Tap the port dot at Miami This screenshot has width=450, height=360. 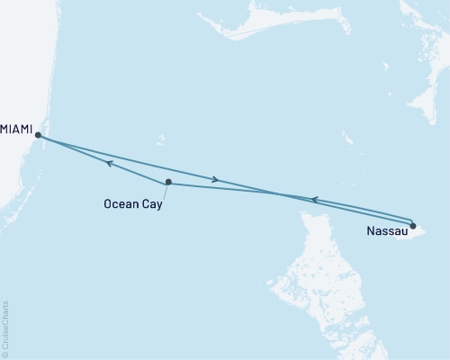point(38,135)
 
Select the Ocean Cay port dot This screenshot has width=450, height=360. point(168,182)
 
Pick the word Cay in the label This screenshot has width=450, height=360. point(152,203)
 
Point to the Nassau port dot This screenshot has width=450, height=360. point(412,226)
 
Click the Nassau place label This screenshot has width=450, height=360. point(388,232)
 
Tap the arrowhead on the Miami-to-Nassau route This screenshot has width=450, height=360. point(214,180)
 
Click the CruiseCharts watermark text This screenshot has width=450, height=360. point(6,328)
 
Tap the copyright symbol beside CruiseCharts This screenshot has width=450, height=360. point(6,353)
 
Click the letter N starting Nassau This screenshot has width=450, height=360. point(372,232)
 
